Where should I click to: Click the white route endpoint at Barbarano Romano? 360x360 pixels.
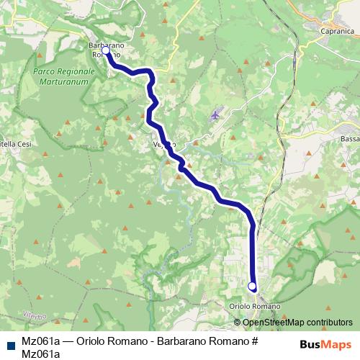coord(106,50)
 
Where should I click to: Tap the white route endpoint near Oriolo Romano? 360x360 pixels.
coord(252,287)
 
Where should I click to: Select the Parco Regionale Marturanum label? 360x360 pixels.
coord(64,77)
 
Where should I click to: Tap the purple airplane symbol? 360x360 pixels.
coord(215,114)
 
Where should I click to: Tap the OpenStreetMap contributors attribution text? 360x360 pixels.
coord(297,323)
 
